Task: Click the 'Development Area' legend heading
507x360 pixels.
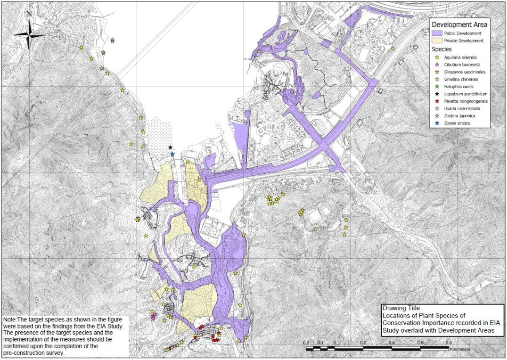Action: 459,25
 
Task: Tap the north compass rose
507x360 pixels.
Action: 29,35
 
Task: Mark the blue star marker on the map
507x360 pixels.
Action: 172,154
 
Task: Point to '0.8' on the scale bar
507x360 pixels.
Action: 449,343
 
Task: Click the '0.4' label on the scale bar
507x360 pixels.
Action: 392,343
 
